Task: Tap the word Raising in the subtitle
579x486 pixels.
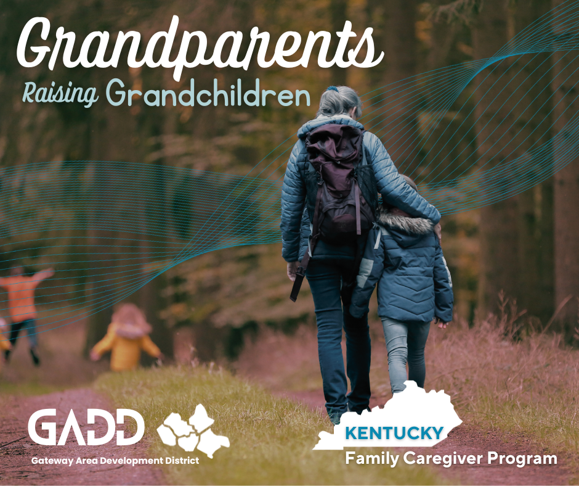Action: (x=60, y=94)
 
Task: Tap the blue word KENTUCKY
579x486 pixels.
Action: (x=394, y=433)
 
